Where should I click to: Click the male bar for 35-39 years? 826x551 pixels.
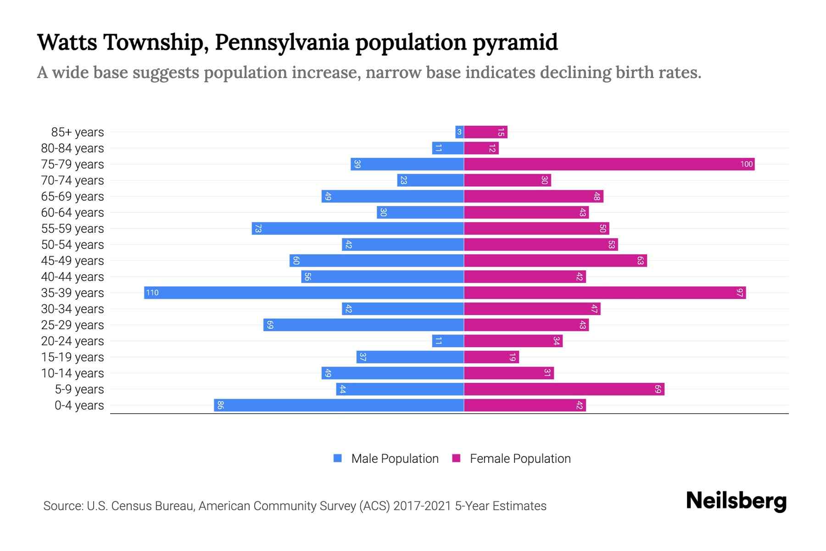point(304,293)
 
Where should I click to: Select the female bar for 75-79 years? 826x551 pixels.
point(609,164)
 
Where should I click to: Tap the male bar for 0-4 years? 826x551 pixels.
point(339,405)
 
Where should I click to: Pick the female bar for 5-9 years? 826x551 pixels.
point(564,389)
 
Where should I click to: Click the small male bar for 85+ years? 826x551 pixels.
point(459,132)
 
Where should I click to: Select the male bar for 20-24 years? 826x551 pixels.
point(448,341)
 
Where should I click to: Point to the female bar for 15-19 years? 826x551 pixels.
point(491,357)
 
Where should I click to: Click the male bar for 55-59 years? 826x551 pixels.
point(357,229)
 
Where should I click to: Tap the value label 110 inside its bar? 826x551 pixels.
point(152,293)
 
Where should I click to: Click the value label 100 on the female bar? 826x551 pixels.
point(746,164)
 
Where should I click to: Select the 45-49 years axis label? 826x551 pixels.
point(73,261)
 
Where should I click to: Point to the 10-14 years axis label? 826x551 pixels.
point(73,373)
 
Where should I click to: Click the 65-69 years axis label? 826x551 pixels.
point(73,197)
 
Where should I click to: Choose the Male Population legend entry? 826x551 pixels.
point(395,459)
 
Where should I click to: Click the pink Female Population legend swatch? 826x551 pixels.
point(456,458)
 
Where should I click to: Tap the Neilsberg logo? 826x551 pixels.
point(736,501)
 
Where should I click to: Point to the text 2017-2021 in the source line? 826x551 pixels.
point(422,506)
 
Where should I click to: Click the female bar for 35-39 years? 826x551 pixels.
point(605,293)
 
